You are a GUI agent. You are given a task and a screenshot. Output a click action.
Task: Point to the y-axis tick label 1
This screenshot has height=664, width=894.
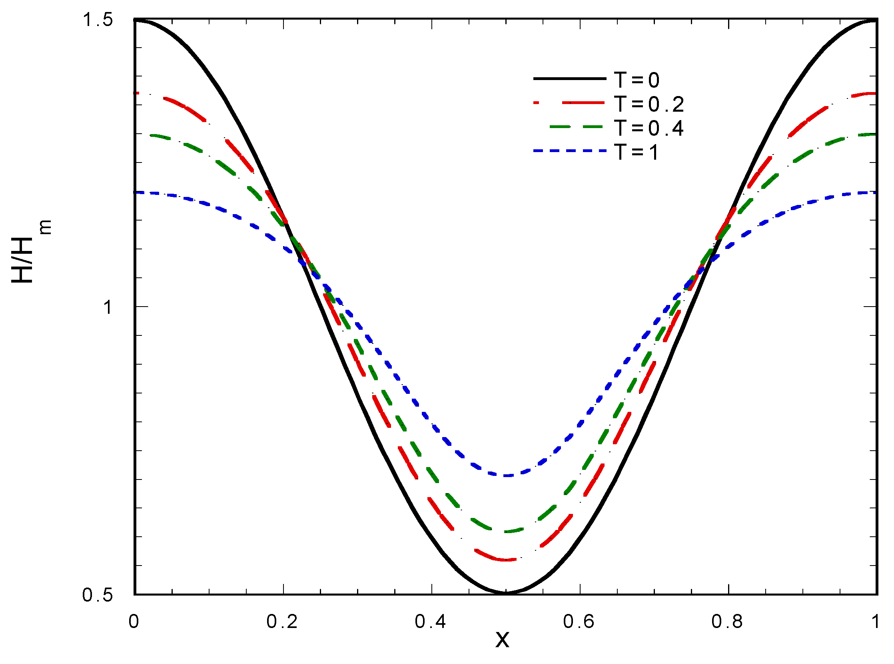coord(107,307)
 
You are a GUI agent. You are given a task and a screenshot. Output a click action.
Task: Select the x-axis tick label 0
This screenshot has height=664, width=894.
coord(134,622)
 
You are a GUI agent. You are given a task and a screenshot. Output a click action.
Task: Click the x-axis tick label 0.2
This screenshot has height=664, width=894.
coord(282,622)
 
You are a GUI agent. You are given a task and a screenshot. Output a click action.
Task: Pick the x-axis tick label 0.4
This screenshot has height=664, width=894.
coord(430,622)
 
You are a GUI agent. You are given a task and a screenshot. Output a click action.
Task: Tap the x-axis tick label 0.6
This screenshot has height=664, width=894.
coord(579,622)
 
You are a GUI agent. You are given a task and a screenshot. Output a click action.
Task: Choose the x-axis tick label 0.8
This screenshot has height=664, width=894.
coord(727,622)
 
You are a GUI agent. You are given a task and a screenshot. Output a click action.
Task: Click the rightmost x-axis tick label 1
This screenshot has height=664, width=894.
coord(876,622)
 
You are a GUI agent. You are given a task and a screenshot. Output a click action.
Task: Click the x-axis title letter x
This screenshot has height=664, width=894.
coord(502,639)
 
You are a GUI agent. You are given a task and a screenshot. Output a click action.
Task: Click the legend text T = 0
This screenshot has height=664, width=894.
coord(637,80)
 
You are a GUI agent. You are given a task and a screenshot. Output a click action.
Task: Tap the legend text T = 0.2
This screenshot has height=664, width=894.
coord(649,104)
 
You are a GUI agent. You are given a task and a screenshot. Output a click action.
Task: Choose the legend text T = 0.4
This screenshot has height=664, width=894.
coord(649,128)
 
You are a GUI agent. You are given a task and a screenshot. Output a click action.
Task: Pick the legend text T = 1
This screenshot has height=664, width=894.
coord(637,152)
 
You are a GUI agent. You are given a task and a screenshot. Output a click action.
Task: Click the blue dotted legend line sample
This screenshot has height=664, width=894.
coord(570,151)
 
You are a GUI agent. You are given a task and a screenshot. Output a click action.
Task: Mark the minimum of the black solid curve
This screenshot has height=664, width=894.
coord(506,592)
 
